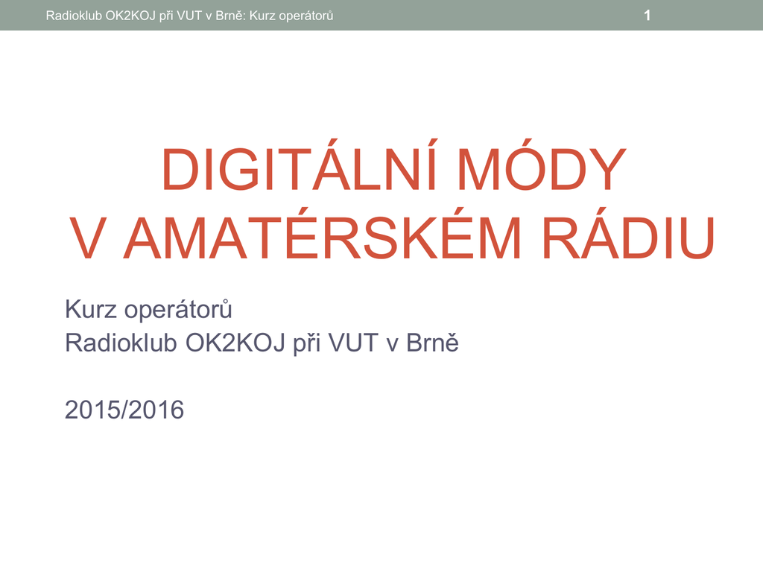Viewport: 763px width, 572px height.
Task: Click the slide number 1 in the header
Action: click(648, 16)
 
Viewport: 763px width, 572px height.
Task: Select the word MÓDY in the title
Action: click(542, 165)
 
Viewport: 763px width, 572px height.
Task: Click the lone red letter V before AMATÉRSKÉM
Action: click(88, 238)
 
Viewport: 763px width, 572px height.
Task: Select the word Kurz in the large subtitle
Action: click(91, 309)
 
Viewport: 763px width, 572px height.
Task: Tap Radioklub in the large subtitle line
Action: click(121, 343)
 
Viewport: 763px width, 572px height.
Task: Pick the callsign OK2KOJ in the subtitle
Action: click(235, 343)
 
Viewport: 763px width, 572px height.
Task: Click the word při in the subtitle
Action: click(306, 344)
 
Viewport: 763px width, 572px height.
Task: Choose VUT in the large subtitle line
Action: click(353, 343)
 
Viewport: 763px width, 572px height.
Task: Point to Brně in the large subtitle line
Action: click(432, 343)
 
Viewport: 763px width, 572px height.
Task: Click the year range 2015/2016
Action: click(124, 410)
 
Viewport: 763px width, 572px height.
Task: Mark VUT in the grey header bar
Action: click(189, 16)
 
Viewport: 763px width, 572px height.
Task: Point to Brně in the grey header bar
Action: click(229, 16)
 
